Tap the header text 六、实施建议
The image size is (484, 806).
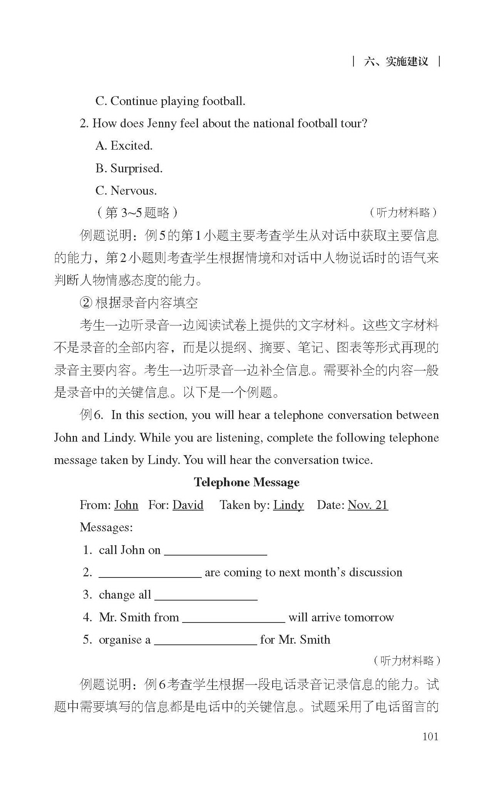[396, 62]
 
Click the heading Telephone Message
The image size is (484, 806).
[246, 482]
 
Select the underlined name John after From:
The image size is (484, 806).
[126, 505]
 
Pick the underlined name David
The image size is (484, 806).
[188, 505]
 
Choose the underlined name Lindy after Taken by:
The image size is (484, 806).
[288, 505]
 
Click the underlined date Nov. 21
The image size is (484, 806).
[368, 505]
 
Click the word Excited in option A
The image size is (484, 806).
[131, 146]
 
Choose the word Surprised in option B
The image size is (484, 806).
[136, 169]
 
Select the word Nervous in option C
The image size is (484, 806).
[134, 191]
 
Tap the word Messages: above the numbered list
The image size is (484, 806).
[106, 527]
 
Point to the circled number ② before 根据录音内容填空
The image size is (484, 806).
[86, 303]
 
